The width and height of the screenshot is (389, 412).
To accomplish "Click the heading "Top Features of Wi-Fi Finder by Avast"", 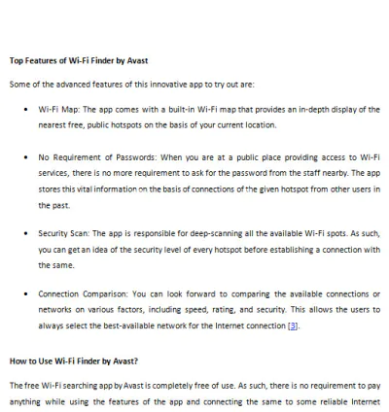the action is (79, 59).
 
